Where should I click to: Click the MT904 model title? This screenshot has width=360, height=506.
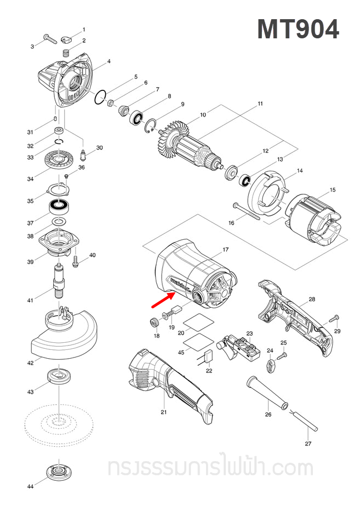298,28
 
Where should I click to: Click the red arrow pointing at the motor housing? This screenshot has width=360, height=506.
163,301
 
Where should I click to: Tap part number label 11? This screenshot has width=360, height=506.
260,104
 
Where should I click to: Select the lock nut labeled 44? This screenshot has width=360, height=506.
56,472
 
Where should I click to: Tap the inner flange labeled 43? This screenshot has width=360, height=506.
56,376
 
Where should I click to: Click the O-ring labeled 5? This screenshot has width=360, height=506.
99,98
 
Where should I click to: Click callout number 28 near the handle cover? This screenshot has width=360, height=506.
312,300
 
